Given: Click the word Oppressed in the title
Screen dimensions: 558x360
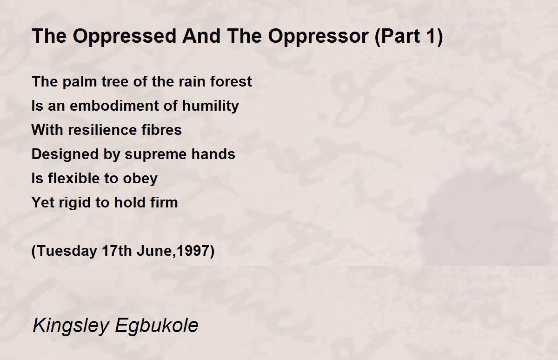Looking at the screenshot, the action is (125, 37).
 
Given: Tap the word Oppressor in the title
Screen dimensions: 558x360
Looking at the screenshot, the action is (318, 37).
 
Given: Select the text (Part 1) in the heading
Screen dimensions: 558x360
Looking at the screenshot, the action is (409, 37).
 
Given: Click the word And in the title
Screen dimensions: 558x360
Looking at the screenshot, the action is (201, 36).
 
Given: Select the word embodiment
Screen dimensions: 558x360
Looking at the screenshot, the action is (114, 106).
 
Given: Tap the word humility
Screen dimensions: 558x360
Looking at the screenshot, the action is (211, 106).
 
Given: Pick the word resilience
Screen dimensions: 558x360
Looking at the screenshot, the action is (102, 130).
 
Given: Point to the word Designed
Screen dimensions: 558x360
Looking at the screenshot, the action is (65, 154).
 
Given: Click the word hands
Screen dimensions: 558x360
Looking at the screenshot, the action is (213, 154).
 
